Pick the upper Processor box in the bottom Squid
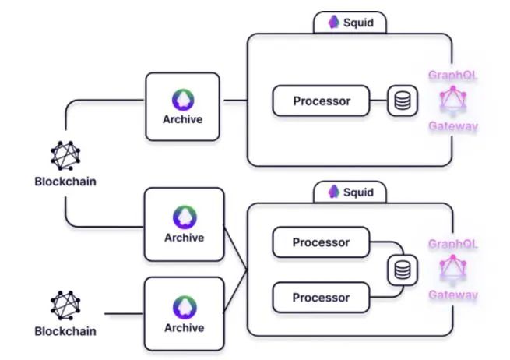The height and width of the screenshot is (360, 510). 321,242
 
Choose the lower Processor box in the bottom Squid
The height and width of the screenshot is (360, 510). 321,297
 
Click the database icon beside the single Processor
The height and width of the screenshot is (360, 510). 403,101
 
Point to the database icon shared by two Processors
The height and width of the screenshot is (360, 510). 402,270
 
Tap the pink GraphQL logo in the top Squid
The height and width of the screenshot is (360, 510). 452,101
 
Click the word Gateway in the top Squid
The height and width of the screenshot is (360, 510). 452,125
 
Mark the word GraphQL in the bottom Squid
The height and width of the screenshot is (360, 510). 452,244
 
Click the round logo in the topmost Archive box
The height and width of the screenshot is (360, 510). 183,99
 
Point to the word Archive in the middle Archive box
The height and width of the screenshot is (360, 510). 183,238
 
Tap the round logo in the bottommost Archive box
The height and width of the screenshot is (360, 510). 183,307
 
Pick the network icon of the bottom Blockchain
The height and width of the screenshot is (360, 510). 65,305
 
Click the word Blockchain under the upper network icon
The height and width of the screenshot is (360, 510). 65,182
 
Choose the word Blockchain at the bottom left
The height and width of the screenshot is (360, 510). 65,331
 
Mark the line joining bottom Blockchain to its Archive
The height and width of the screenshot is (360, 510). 123,313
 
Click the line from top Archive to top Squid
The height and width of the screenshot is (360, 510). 234,101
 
